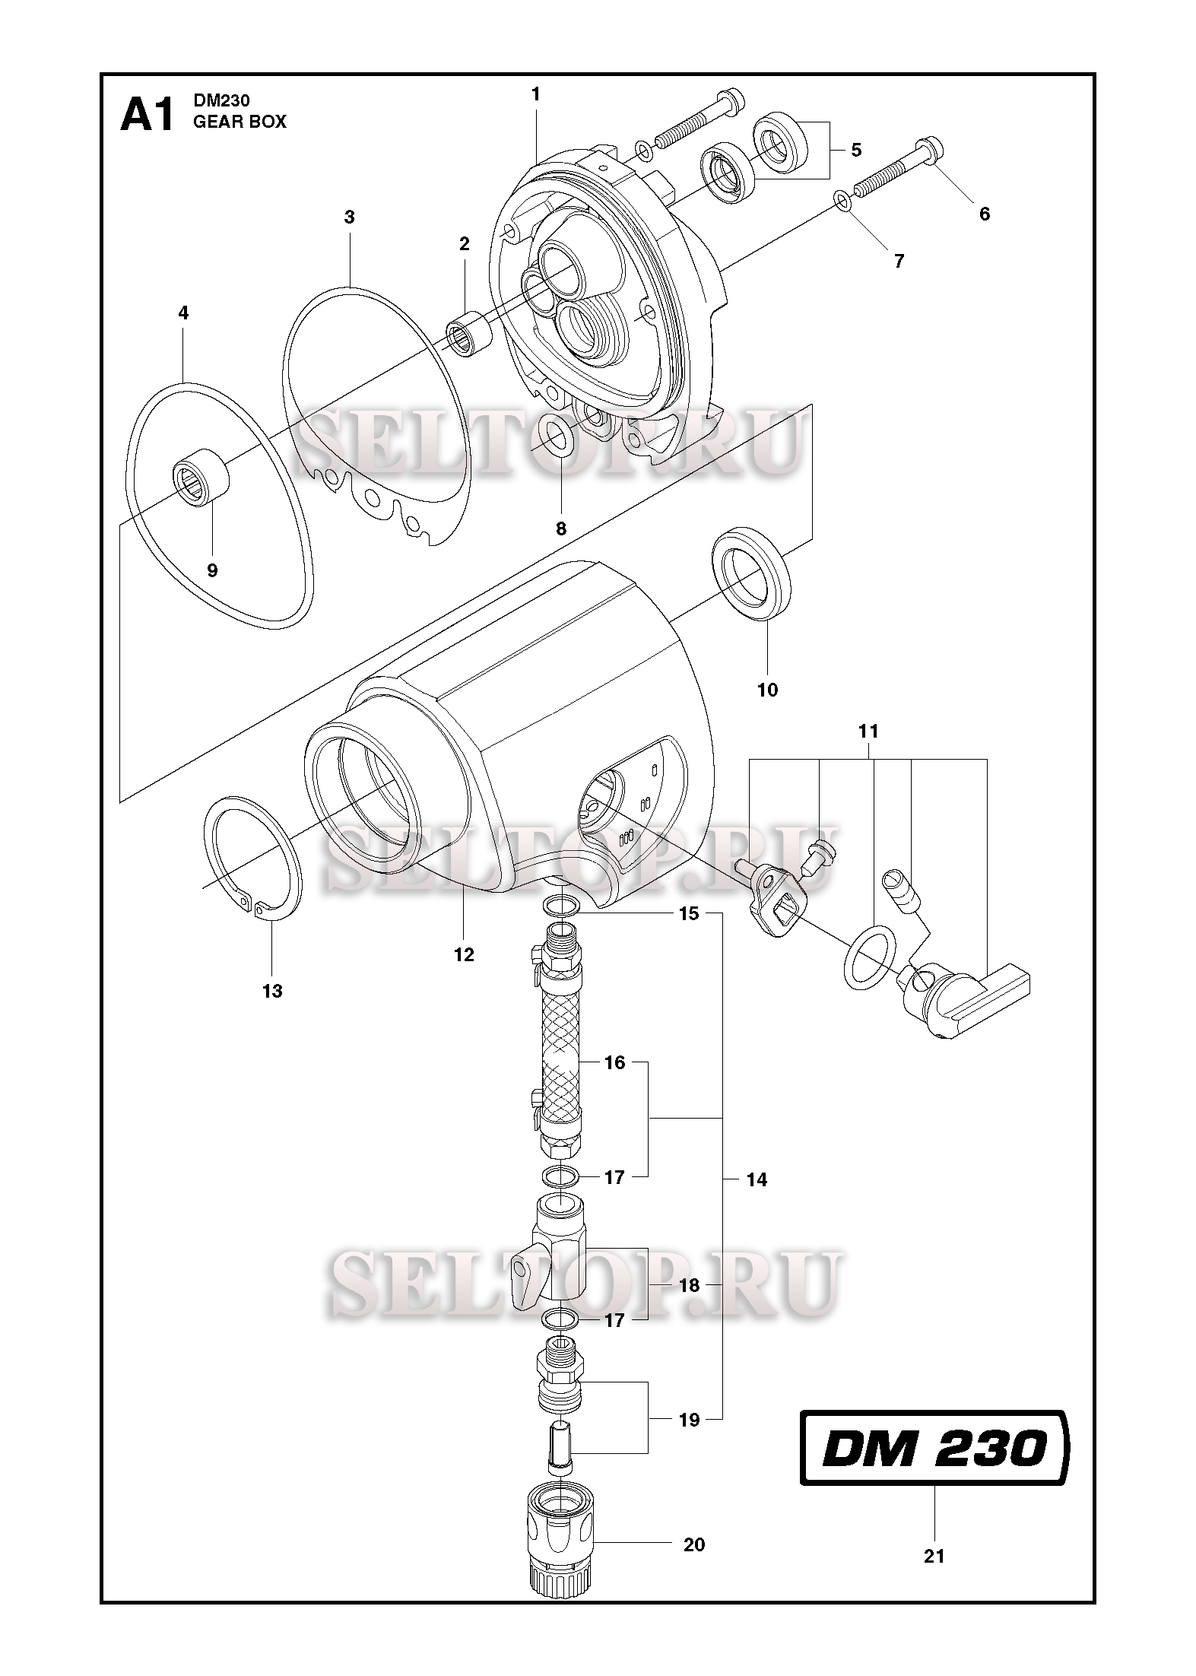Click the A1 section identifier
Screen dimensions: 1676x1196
pyautogui.click(x=148, y=116)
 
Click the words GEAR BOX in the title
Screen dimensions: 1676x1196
pyautogui.click(x=240, y=122)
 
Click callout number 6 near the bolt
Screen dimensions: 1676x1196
pyautogui.click(x=984, y=214)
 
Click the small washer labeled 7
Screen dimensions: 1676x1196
pyautogui.click(x=842, y=198)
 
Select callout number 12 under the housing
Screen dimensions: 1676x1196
pyautogui.click(x=463, y=955)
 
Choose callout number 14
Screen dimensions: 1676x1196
pyautogui.click(x=757, y=1180)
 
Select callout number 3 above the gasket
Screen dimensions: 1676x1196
pyautogui.click(x=349, y=217)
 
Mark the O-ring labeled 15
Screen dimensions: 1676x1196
pyautogui.click(x=562, y=905)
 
